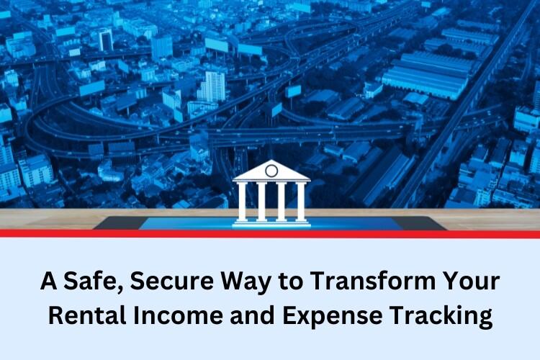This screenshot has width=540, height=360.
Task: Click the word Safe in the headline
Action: point(91,282)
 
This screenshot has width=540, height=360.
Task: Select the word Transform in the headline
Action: point(374,281)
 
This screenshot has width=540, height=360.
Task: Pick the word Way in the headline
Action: point(246,282)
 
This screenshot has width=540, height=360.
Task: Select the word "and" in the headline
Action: point(253,315)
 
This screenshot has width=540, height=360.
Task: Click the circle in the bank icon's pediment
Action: point(271,170)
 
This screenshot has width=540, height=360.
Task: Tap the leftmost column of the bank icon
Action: point(242,202)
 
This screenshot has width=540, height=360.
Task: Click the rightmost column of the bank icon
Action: point(301,202)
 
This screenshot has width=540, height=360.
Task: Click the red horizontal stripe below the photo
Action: point(270,234)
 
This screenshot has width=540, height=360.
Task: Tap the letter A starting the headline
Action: point(48,281)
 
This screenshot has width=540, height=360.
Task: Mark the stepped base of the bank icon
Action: point(271,224)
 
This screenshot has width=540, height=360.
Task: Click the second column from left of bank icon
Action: point(262,202)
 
